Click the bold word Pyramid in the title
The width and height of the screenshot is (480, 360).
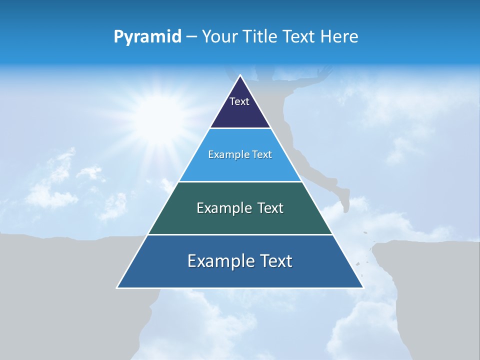[x=147, y=37]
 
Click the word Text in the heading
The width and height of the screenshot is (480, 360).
[x=298, y=37]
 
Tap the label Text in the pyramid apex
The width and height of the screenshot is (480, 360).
[x=239, y=101]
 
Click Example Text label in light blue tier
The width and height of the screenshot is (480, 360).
[x=240, y=154]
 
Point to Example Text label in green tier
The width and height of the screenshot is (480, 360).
[x=240, y=208]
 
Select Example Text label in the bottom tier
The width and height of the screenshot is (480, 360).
[x=240, y=261]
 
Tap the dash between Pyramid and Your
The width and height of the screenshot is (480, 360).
[x=191, y=37]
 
